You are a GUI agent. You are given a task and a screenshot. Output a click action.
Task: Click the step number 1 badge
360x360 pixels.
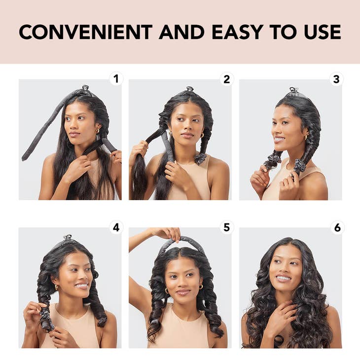pyautogui.click(x=116, y=79)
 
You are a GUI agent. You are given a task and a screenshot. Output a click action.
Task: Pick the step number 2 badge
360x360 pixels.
pyautogui.click(x=226, y=79)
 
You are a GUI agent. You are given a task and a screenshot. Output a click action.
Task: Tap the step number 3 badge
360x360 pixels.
pyautogui.click(x=336, y=79)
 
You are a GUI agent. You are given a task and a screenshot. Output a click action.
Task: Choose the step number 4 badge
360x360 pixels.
pyautogui.click(x=116, y=227)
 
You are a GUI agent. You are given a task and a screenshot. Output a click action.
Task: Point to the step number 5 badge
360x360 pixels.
pyautogui.click(x=226, y=227)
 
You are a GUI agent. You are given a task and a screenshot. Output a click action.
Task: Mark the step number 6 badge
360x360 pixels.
pyautogui.click(x=336, y=227)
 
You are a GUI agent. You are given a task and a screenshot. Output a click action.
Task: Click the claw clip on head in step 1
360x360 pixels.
pyautogui.click(x=85, y=89)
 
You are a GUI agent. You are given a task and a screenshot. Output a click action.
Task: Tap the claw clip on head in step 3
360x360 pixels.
pyautogui.click(x=294, y=91)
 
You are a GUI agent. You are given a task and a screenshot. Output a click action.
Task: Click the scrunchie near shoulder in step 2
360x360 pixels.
pyautogui.click(x=200, y=158)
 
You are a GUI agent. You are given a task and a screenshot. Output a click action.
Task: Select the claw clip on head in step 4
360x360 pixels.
pyautogui.click(x=68, y=239)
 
